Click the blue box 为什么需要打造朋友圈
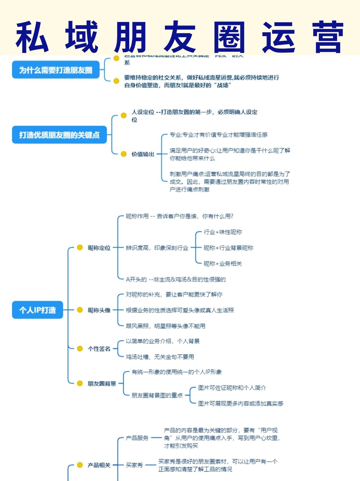pyautogui.click(x=55, y=70)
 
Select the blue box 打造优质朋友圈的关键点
pyautogui.click(x=59, y=135)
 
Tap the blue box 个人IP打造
pyautogui.click(x=37, y=310)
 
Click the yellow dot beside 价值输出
pyautogui.click(x=123, y=154)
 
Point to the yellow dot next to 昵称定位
pyautogui.click(x=80, y=247)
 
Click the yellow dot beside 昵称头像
pyautogui.click(x=80, y=310)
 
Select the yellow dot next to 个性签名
pyautogui.click(x=80, y=349)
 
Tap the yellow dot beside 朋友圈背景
pyautogui.click(x=80, y=383)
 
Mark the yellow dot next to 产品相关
pyautogui.click(x=80, y=465)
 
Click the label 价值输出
pyautogui.click(x=143, y=154)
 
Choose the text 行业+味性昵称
pyautogui.click(x=223, y=232)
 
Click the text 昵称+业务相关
pyautogui.click(x=223, y=264)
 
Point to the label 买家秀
pyautogui.click(x=134, y=465)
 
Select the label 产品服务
pyautogui.click(x=137, y=438)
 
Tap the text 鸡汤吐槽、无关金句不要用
pyautogui.click(x=160, y=357)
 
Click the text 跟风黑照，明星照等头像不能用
pyautogui.click(x=166, y=326)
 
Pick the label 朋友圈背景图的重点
pyautogui.click(x=157, y=395)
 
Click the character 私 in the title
pyautogui.click(x=32, y=37)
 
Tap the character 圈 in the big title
pyautogui.click(x=229, y=37)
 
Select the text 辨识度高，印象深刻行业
pyautogui.click(x=157, y=248)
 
